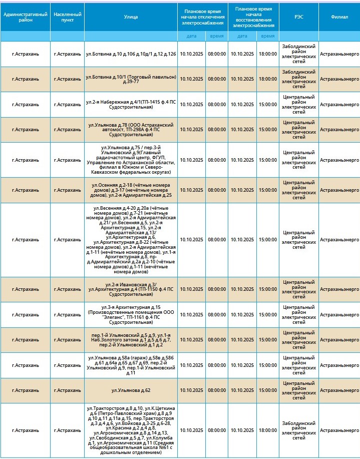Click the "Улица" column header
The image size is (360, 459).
[131, 17]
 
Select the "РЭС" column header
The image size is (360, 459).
[298, 17]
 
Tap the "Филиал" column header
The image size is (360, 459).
[339, 17]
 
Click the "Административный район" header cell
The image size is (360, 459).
[25, 17]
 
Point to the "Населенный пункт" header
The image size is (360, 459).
[67, 17]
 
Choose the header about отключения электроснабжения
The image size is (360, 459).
[203, 17]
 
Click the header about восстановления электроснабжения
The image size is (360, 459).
[253, 17]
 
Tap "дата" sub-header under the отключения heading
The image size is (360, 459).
[191, 36]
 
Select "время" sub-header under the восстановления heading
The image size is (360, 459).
[267, 36]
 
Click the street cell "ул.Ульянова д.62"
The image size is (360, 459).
[131, 390]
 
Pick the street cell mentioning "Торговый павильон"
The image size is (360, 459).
[131, 79]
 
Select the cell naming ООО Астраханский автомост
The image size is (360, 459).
[131, 130]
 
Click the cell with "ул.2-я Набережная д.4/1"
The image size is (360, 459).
[131, 104]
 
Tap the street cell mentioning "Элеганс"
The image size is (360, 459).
[131, 314]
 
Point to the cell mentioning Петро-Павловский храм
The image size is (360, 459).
[131, 430]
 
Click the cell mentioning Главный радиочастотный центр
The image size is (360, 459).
[131, 160]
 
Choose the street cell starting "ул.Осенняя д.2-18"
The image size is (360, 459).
[131, 190]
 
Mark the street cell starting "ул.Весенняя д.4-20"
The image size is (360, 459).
[131, 240]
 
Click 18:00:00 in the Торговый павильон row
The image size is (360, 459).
[267, 79]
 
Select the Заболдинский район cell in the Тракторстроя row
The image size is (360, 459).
[298, 430]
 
